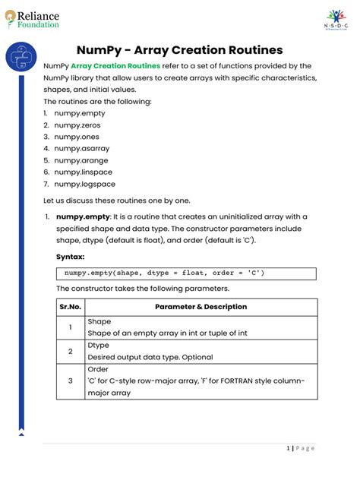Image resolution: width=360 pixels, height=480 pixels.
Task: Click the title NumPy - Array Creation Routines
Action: pyautogui.click(x=179, y=50)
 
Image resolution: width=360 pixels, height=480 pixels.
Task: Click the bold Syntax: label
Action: pyautogui.click(x=70, y=257)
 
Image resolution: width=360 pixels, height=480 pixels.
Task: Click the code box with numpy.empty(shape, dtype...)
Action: pyautogui.click(x=187, y=273)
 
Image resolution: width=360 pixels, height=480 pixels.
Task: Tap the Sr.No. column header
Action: pyautogui.click(x=70, y=307)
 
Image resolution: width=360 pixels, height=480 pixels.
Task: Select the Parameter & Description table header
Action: pyautogui.click(x=201, y=307)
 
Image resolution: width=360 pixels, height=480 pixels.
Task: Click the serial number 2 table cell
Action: pyautogui.click(x=70, y=351)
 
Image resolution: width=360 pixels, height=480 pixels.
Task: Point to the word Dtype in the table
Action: pyautogui.click(x=99, y=346)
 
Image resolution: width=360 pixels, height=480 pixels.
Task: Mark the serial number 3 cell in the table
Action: pyautogui.click(x=70, y=381)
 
